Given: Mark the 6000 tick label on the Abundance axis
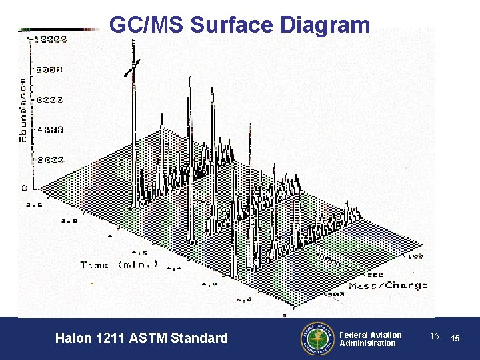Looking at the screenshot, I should pyautogui.click(x=49, y=100).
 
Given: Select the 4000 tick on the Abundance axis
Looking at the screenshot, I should pyautogui.click(x=49, y=130).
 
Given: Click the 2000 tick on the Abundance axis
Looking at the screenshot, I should pyautogui.click(x=49, y=160).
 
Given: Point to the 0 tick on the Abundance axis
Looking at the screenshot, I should pyautogui.click(x=24, y=189).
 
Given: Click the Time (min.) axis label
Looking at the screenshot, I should pyautogui.click(x=119, y=264).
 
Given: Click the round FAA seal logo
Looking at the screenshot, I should pyautogui.click(x=315, y=339).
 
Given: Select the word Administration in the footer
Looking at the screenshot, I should pyautogui.click(x=367, y=343).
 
